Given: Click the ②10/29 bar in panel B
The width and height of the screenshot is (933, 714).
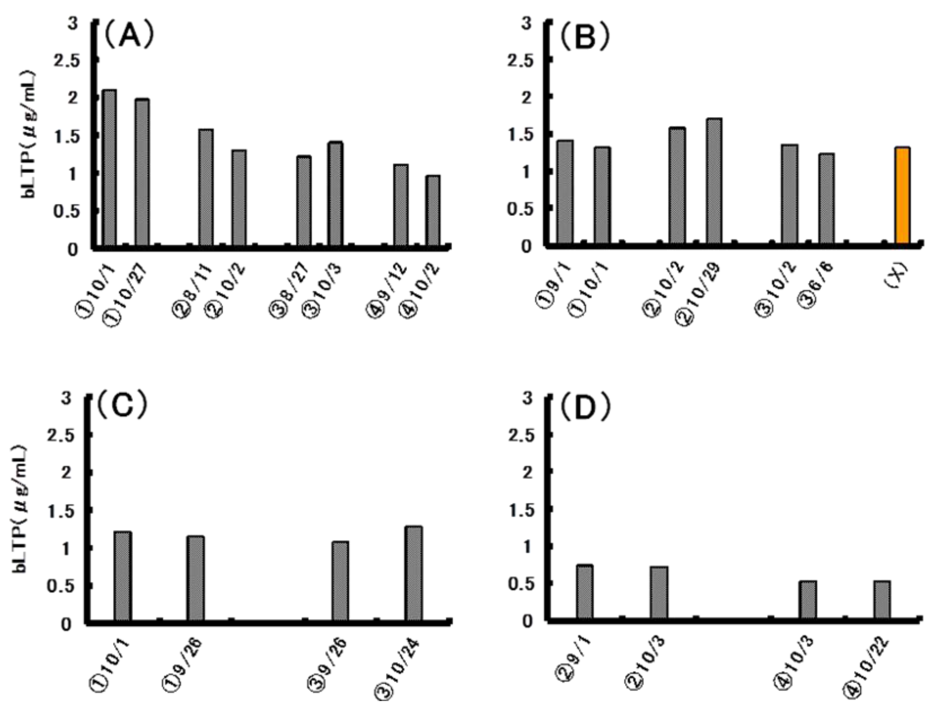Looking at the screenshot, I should click(714, 182).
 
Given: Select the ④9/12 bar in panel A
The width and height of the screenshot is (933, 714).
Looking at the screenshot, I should click(401, 205).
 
